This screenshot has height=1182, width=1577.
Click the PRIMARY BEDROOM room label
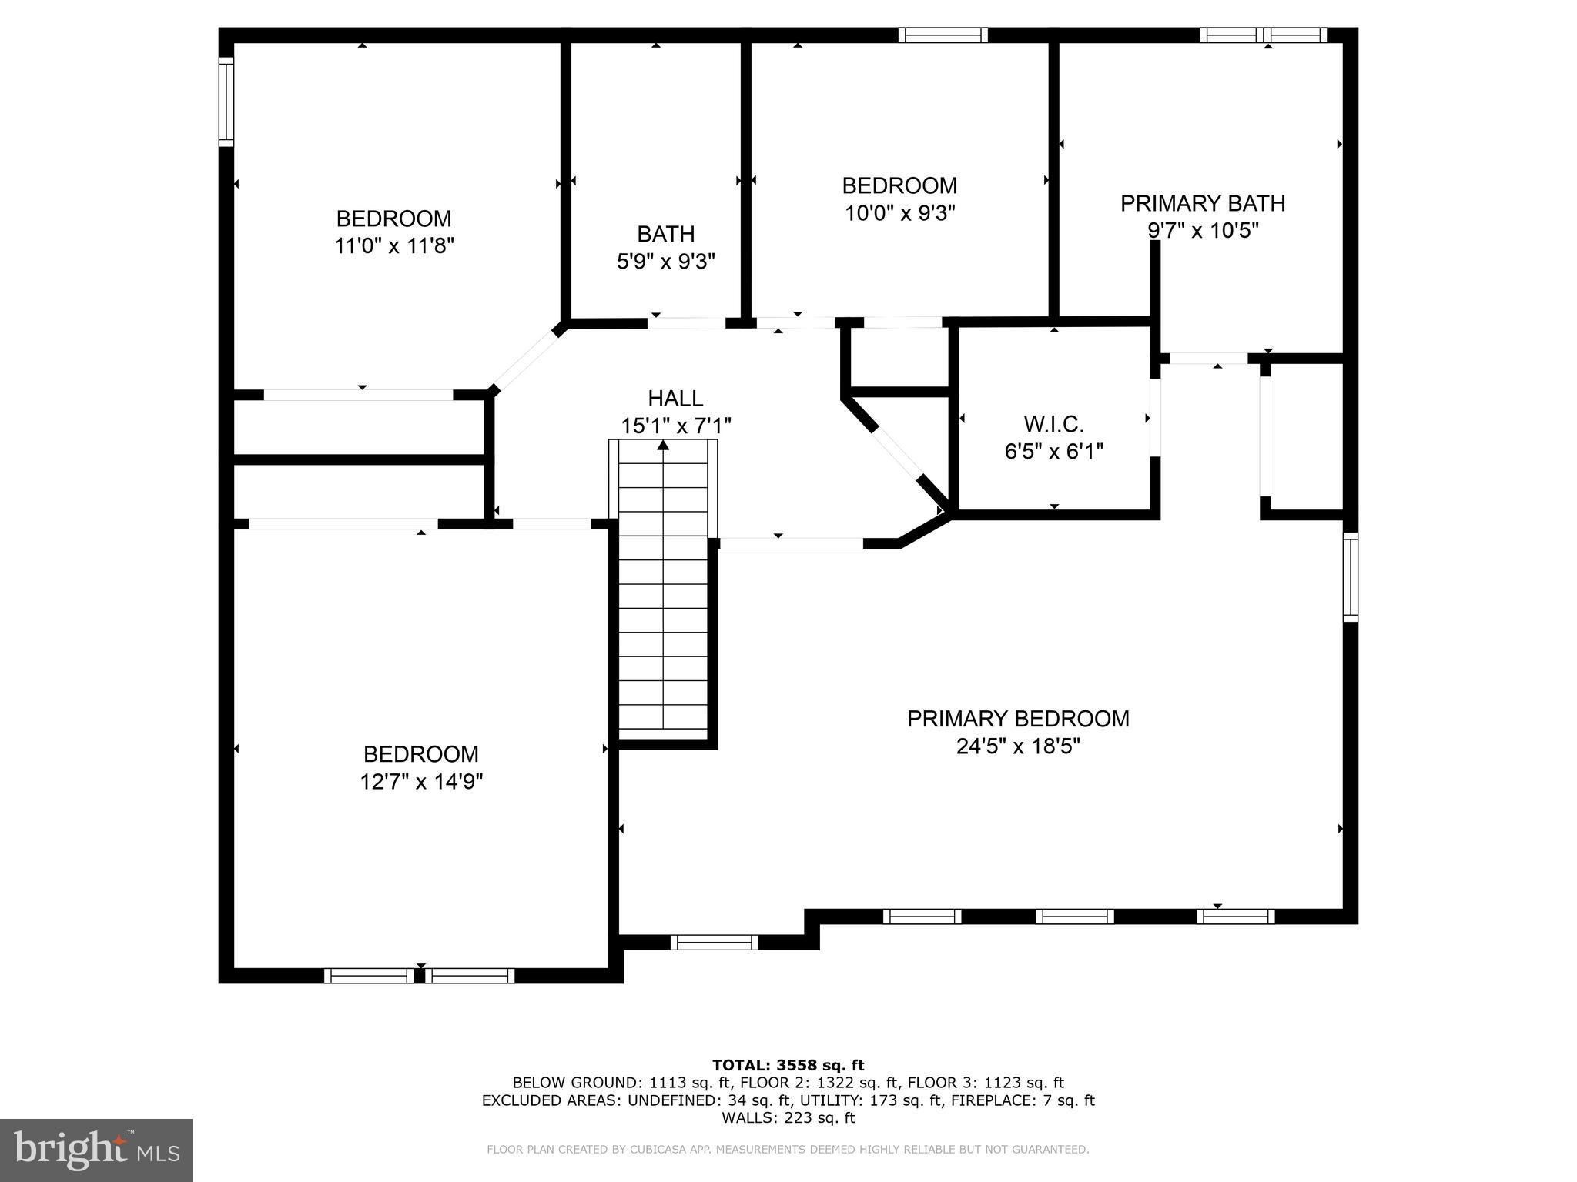tap(1017, 719)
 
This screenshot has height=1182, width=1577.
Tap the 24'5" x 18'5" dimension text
tap(1018, 746)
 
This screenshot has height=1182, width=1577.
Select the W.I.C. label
tap(1053, 423)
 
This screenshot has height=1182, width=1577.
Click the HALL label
tap(675, 398)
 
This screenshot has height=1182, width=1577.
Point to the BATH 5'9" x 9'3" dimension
tap(665, 262)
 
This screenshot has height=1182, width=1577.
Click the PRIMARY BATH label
tap(1202, 203)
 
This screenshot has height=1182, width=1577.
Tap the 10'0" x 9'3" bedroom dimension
tap(899, 213)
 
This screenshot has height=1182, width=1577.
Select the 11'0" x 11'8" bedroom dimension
tap(393, 246)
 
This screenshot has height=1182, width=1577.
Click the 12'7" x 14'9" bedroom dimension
tap(420, 782)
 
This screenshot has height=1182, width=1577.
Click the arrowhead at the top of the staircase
tap(663, 444)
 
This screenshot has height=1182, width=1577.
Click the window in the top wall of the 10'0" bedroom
tap(943, 35)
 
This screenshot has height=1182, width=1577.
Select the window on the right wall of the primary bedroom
tap(1350, 576)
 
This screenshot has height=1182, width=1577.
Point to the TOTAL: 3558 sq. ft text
tap(788, 1065)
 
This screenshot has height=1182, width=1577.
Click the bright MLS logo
tap(96, 1150)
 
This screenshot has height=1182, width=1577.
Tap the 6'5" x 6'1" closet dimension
tap(1053, 452)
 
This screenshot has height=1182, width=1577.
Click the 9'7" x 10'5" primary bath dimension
tap(1202, 231)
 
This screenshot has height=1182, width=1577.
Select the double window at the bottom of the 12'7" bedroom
tap(419, 975)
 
